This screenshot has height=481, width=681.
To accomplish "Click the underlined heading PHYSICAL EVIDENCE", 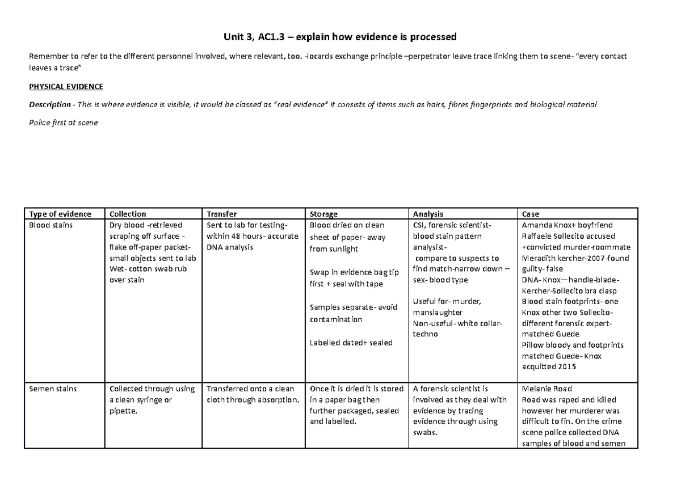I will (66, 87).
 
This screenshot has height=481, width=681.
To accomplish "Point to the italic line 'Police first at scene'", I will (63, 123).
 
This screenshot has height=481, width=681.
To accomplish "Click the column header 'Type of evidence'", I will (60, 214).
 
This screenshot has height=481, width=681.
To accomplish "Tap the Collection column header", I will (128, 214).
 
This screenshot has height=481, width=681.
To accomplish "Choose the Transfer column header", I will (222, 214).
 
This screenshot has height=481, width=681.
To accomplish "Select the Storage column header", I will (323, 214).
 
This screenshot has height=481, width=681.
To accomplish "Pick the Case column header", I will (531, 214).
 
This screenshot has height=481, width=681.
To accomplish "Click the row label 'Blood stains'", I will (51, 225).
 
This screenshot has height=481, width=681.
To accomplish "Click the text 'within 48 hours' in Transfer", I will (233, 237).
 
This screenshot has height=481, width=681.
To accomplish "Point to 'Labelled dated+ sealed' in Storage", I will (351, 343).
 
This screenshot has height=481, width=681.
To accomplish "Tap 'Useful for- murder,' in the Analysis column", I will (448, 301).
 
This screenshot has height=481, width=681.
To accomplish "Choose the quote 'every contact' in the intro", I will (602, 57).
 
